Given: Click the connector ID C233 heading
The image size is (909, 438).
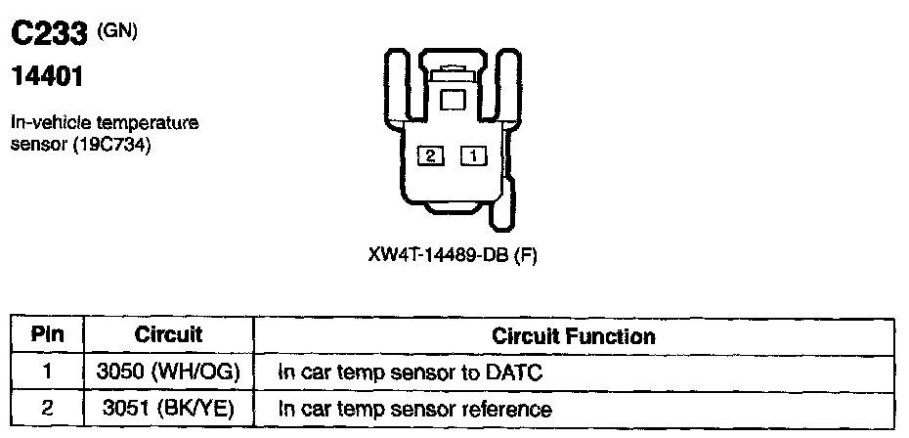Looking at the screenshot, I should pos(49,36).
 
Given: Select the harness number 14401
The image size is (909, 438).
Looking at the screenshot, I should pos(46,74).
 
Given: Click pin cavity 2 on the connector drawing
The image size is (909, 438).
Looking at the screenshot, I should pos(429,154).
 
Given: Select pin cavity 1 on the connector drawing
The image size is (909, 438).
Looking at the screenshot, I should pos(472,154).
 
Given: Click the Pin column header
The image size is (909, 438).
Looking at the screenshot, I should pos(47,334).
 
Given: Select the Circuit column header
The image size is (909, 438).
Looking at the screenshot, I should pos(168,334).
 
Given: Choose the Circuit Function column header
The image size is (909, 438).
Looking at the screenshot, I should pos(574,335).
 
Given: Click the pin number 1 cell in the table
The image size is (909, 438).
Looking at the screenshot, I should pos(47,372).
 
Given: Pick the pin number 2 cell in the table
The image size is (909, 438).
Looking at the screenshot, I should pos(47,408).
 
